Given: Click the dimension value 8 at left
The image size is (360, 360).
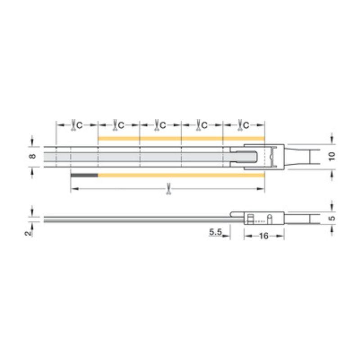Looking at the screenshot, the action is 33,156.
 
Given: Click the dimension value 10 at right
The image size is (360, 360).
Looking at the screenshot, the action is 332,156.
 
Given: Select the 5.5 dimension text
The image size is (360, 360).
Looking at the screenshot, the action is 216,232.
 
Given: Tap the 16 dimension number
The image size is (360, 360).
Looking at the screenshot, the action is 264,236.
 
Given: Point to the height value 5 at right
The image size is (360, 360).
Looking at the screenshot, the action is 332,218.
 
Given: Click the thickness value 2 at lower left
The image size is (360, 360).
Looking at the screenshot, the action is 28,233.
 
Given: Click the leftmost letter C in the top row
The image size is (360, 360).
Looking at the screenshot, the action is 80,126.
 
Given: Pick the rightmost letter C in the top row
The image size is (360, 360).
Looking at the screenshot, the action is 246,126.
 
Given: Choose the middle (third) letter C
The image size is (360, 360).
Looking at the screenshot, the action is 163,126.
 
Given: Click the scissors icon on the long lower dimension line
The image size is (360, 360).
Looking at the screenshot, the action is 169,189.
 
